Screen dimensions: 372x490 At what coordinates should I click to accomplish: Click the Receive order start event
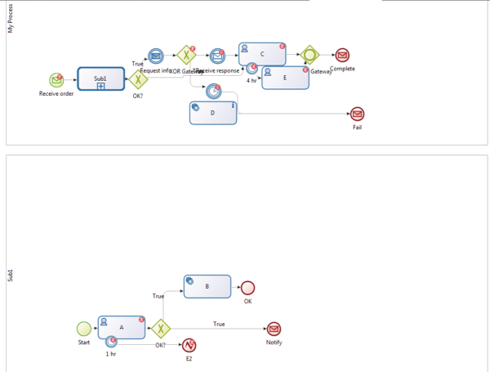56,80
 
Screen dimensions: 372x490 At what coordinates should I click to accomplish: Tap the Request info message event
156,56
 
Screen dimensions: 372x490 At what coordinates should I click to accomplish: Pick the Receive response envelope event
217,56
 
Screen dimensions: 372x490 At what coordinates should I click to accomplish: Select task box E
285,78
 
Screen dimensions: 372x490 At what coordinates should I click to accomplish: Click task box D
212,113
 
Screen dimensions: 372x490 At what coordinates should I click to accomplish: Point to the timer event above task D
213,91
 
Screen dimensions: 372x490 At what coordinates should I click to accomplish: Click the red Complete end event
342,56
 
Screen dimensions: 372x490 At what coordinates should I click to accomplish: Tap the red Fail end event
357,114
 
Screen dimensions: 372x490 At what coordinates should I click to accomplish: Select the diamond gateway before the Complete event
309,56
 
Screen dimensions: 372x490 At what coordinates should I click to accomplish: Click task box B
207,286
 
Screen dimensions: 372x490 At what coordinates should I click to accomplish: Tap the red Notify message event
274,328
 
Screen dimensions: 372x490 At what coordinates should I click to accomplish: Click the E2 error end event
189,345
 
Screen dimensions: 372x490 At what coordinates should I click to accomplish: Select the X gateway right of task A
161,328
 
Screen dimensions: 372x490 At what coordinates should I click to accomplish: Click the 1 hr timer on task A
110,341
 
